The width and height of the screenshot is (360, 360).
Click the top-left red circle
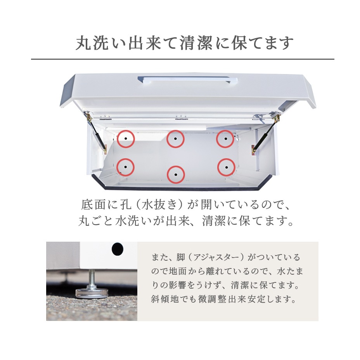pos(125,139)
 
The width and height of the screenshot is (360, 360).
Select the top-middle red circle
pos(175,139)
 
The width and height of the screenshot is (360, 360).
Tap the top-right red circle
pos(225,139)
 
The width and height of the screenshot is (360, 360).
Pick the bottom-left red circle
pos(125,167)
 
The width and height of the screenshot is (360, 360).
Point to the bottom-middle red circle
pos(175,175)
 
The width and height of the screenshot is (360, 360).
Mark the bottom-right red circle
pos(226,167)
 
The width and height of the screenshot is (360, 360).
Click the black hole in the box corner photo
pos(117,249)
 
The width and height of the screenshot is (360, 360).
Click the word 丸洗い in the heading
pos(97,43)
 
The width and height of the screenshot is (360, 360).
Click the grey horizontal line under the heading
pos(182,59)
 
